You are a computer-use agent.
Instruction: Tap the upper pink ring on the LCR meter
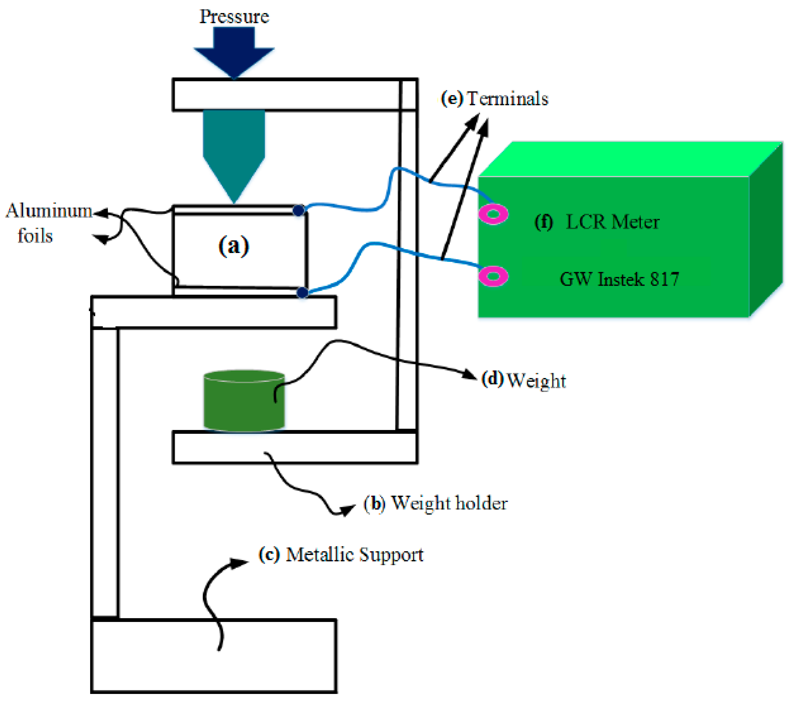493,214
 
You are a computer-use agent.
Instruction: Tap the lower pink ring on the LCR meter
493,276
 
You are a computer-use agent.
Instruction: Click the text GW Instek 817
619,279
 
